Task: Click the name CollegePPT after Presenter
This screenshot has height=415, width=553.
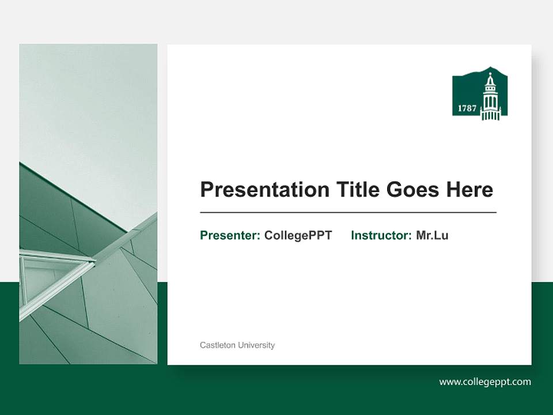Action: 298,235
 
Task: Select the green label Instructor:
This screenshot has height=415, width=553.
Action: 381,235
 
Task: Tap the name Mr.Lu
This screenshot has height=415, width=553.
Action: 432,235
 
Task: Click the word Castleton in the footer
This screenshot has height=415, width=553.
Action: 217,345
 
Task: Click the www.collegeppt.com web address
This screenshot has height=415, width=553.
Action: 485,382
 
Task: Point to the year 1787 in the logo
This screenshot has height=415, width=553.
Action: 467,108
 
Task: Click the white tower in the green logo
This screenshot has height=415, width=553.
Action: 490,98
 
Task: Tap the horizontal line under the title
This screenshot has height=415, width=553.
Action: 348,213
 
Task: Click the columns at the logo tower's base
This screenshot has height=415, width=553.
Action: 490,115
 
